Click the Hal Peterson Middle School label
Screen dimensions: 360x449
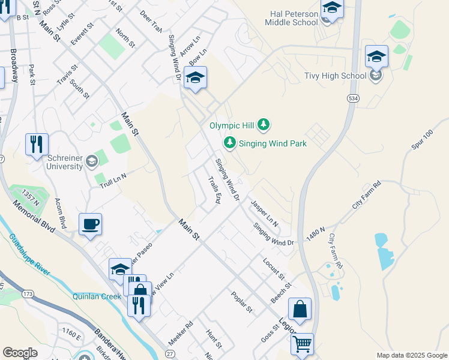(x=291, y=17)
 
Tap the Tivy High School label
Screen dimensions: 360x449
(x=336, y=76)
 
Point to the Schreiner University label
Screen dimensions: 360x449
(x=64, y=161)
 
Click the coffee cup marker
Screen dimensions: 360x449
(x=90, y=224)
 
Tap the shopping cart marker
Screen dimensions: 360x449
(x=302, y=344)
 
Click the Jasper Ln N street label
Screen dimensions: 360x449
(x=265, y=213)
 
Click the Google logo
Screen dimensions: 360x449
(x=20, y=353)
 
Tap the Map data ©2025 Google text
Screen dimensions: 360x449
(x=411, y=355)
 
